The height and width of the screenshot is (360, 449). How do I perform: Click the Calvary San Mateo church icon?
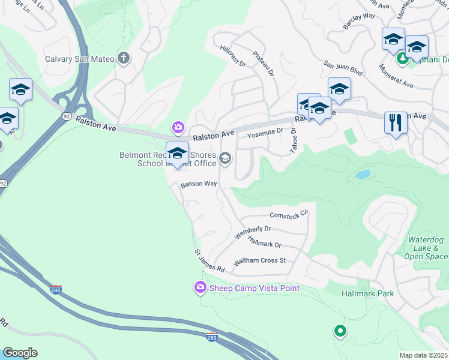pos(124,58)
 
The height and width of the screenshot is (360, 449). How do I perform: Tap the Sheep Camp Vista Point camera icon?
pos(200,288)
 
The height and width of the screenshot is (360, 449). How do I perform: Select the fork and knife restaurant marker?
pos(395,123)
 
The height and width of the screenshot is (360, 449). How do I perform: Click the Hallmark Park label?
pos(367,294)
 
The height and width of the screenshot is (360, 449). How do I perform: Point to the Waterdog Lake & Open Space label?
pos(426,248)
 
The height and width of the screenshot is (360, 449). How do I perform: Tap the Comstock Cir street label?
pos(289,214)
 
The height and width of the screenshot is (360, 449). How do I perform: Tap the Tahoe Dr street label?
pos(294,142)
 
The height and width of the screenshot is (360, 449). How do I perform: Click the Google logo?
pos(20,353)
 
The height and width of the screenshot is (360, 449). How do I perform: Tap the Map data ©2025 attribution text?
pos(423,355)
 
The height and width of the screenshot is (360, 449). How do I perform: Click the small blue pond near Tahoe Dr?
pos(363,175)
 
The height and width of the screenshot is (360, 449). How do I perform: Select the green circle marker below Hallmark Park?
pos(340,331)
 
